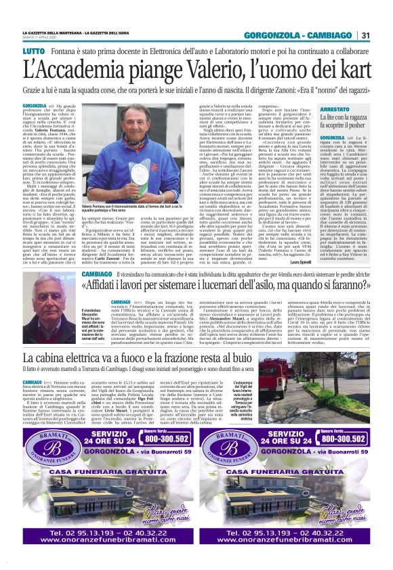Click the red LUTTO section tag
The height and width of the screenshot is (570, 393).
(x=32, y=51)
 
